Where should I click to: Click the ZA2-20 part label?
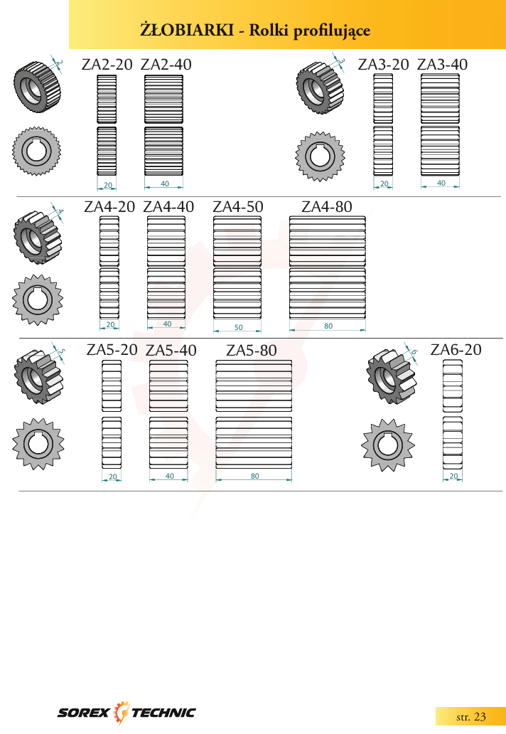(107, 65)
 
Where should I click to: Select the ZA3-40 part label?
(443, 65)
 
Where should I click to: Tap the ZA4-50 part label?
(238, 207)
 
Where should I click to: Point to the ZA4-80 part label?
(327, 207)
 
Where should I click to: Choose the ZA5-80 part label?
(252, 351)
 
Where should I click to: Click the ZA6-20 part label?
(456, 350)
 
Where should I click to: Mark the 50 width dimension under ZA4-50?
(239, 327)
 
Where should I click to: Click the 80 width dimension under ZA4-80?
(328, 326)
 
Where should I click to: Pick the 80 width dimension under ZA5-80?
(254, 476)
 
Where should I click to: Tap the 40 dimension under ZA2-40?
(165, 184)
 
